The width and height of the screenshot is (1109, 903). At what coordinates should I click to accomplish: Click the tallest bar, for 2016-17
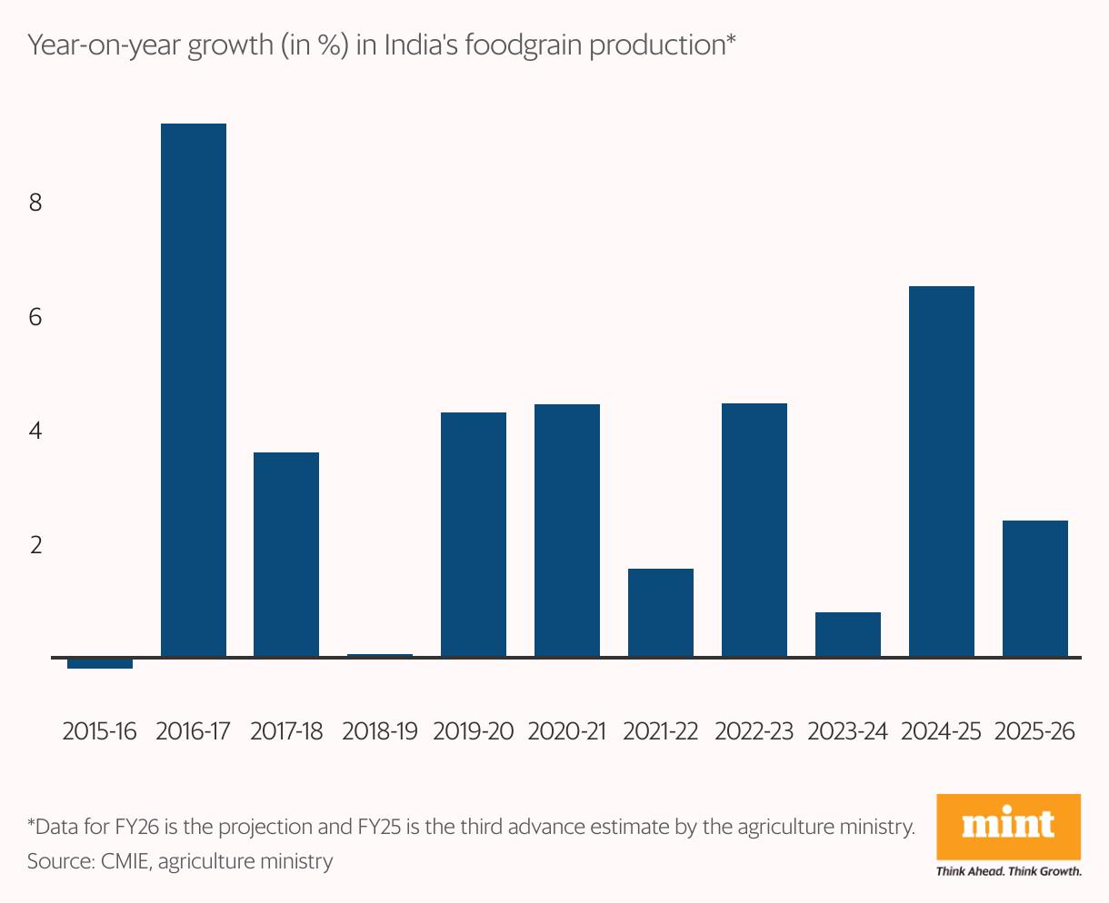pos(193,390)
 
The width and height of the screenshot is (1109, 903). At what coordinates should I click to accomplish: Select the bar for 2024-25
pos(941,471)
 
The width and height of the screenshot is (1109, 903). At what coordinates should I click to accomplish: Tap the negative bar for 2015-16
pos(100,663)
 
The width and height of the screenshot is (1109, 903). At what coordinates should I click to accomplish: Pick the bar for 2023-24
pos(847,634)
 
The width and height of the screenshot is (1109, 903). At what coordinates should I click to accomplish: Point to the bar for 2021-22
pos(660,612)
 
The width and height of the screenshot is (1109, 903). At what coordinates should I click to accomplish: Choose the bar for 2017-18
pos(286,554)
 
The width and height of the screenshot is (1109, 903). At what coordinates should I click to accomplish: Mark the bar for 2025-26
pos(1034,589)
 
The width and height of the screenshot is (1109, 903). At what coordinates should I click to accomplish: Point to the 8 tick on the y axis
pos(35,203)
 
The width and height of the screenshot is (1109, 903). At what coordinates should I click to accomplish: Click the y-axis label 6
pos(35,317)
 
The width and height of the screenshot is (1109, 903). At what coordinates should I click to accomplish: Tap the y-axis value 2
pos(35,545)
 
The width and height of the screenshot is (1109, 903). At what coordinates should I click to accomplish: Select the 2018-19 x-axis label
pos(379,731)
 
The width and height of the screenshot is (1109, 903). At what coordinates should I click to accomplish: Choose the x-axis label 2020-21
pos(566,731)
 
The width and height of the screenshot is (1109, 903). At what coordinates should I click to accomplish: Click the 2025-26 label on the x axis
pos(1034,731)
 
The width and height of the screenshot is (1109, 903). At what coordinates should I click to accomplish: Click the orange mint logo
pos(1009,826)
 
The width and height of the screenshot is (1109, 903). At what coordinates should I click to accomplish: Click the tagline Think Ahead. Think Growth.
pos(1009,871)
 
